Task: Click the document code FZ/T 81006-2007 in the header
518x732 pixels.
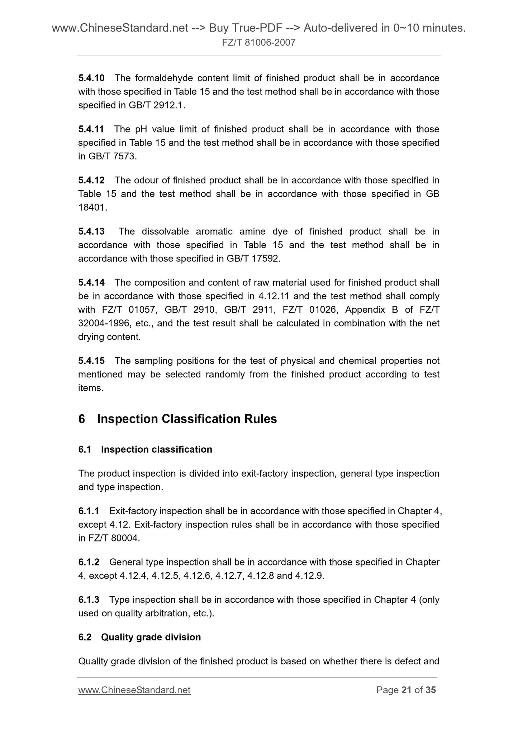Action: coord(258,43)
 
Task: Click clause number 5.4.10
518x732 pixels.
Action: coord(91,78)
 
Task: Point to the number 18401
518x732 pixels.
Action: coord(92,207)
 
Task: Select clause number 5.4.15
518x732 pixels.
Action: coord(91,361)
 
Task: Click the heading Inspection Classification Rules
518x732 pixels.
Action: coord(187,419)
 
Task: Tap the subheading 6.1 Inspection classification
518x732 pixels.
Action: coord(145,449)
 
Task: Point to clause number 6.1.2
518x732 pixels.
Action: coord(89,562)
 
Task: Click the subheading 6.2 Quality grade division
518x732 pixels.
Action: coord(139,637)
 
